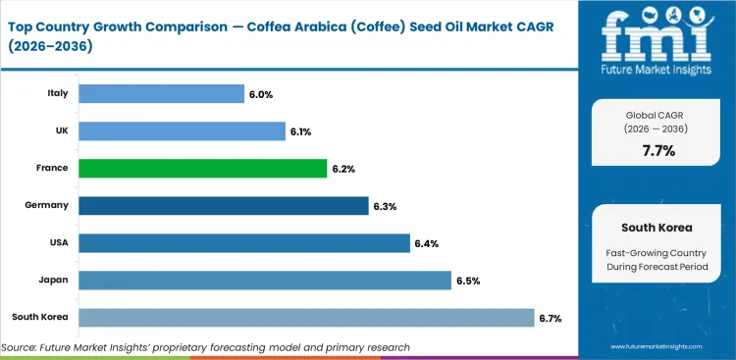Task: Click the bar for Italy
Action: point(161,93)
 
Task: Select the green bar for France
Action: point(202,168)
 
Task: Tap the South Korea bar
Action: point(305,317)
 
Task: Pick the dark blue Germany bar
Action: point(223,205)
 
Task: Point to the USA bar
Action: point(243,242)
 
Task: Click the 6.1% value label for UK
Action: point(301,130)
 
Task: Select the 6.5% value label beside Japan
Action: point(468,280)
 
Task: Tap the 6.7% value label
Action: point(551,317)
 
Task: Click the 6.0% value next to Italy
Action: point(261,93)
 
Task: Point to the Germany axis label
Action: point(46,205)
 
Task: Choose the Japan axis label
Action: point(53,280)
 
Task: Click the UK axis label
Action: point(60,130)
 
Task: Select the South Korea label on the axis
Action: point(39,317)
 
